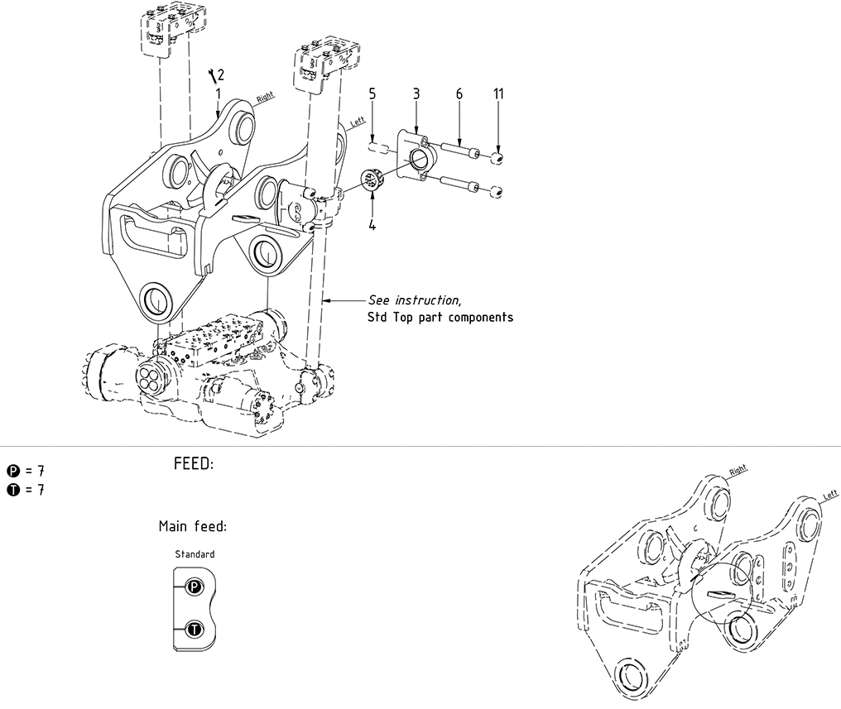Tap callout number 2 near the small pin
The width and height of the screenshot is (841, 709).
point(220,76)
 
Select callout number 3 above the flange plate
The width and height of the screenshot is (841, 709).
point(416,93)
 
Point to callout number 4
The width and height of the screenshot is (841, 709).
point(372,224)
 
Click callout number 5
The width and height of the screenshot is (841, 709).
point(372,93)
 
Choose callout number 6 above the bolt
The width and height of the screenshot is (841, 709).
point(459,93)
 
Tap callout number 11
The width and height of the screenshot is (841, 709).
point(498,93)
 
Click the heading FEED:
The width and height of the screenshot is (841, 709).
point(194,464)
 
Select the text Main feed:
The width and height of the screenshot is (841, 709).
point(192,526)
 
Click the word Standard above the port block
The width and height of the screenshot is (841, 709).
point(195,554)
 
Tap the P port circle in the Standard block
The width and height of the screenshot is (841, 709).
point(193,587)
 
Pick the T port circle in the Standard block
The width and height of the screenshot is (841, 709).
point(193,630)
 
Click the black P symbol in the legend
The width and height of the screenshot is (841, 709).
point(12,471)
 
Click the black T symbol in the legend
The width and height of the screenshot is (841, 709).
point(12,490)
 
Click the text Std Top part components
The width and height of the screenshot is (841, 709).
point(440,317)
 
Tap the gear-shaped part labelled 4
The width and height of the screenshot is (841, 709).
point(372,180)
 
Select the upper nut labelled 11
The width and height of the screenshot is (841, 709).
point(498,158)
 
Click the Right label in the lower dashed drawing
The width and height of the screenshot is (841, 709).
point(738,470)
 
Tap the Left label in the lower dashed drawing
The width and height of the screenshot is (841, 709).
point(829,495)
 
